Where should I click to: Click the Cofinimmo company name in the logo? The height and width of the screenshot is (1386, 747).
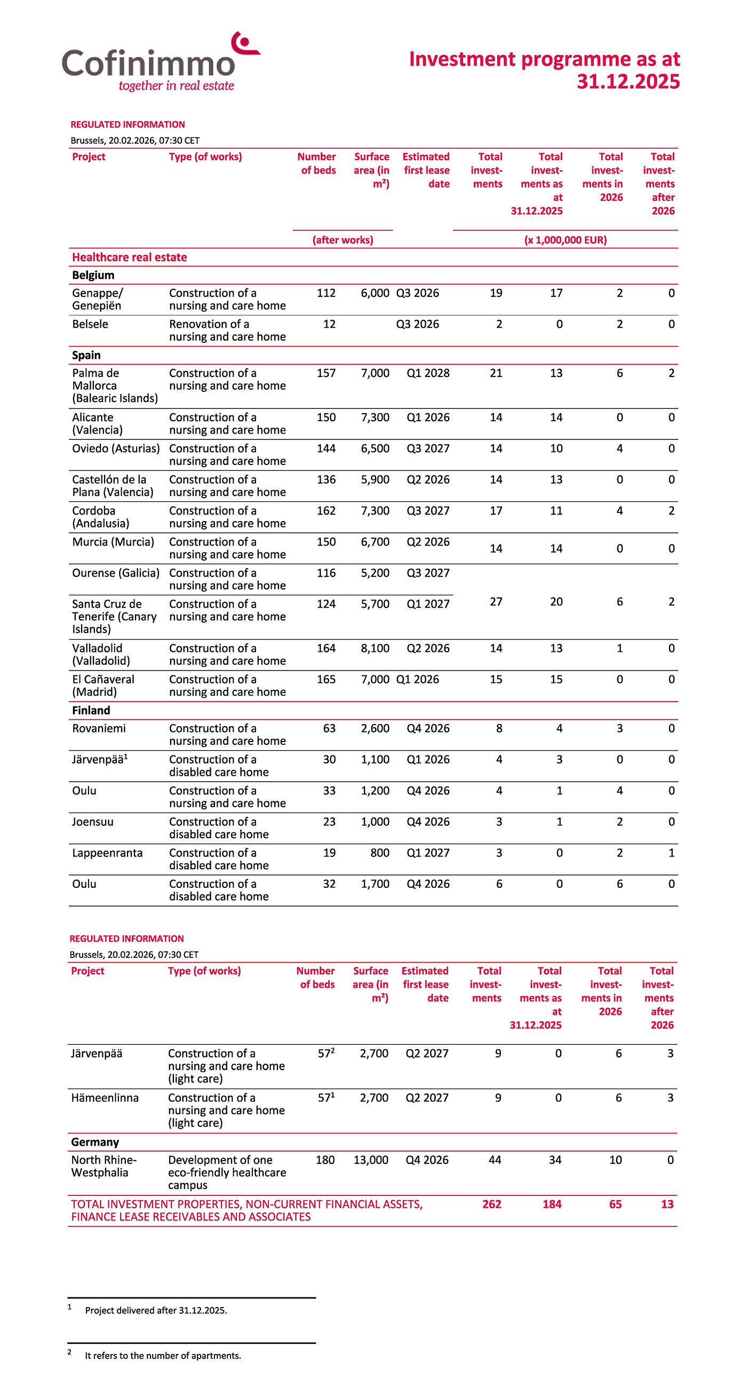point(148,64)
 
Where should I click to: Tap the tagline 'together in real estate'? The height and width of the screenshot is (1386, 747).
point(177,86)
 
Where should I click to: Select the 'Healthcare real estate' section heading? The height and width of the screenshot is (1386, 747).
point(130,257)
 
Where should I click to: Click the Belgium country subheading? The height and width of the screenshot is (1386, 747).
point(93,275)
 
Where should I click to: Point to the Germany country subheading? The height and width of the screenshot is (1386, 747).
point(94,1141)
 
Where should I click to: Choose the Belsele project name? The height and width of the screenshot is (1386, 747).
point(90,324)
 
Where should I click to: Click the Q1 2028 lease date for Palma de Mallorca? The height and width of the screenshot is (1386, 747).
point(427,373)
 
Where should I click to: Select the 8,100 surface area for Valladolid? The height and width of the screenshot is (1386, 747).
point(375,648)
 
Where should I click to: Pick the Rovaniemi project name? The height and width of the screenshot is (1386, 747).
point(99,729)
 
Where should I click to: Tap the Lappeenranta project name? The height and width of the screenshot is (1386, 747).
point(107,853)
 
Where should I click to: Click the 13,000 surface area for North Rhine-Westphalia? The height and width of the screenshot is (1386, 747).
point(370,1160)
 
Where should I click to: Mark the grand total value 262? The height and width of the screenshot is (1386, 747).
point(491,1204)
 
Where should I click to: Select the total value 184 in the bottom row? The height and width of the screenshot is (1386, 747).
point(552,1204)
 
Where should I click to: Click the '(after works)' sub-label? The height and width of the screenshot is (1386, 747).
point(343,240)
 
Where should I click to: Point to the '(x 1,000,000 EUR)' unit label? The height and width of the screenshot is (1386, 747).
point(565,240)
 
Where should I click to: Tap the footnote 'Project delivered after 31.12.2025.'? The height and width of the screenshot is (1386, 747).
point(156,1310)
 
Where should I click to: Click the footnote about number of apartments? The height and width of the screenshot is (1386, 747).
point(162,1356)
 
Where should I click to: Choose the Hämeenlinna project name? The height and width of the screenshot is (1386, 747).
point(105,1098)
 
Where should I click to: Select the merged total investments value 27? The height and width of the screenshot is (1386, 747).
point(496,602)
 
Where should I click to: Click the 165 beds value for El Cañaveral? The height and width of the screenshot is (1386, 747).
point(326,680)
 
